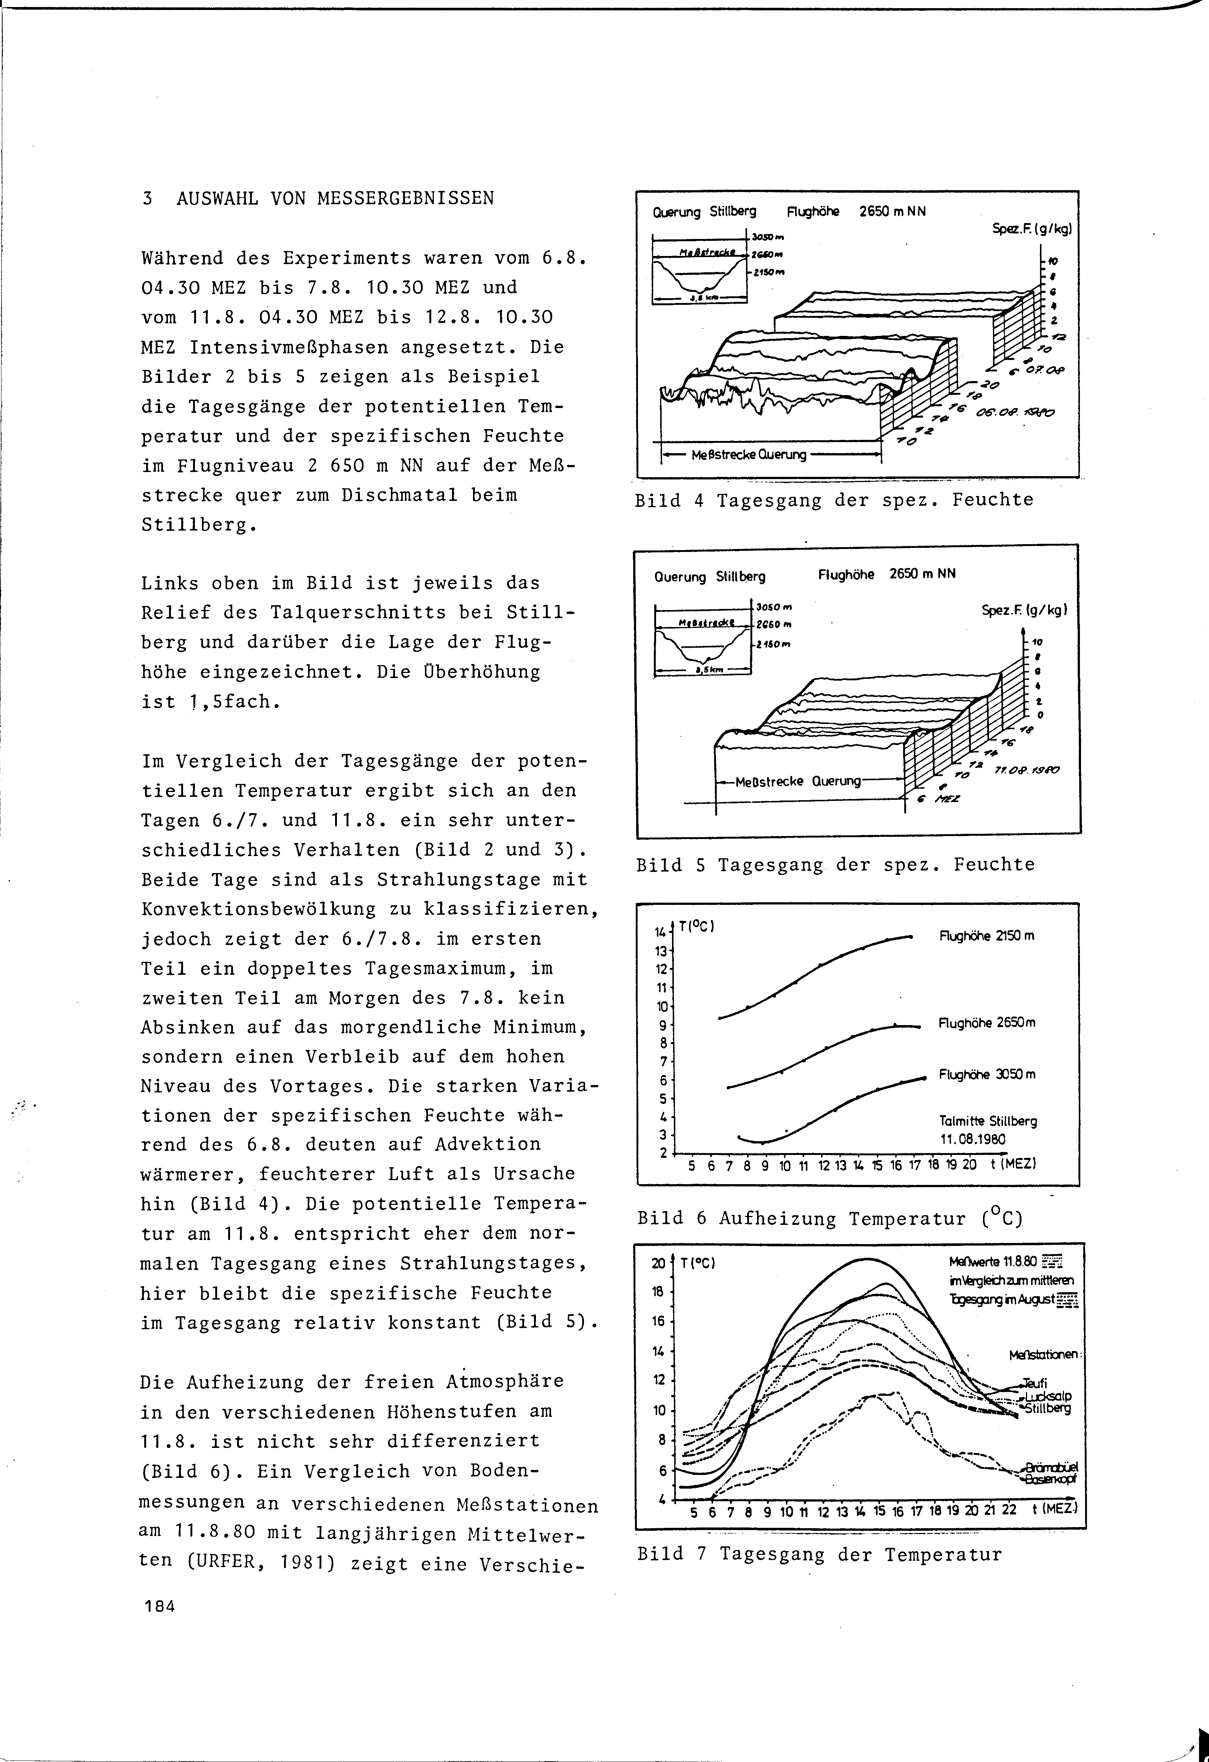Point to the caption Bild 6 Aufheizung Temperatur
point(830,1219)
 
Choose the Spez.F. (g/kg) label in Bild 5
point(1024,609)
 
